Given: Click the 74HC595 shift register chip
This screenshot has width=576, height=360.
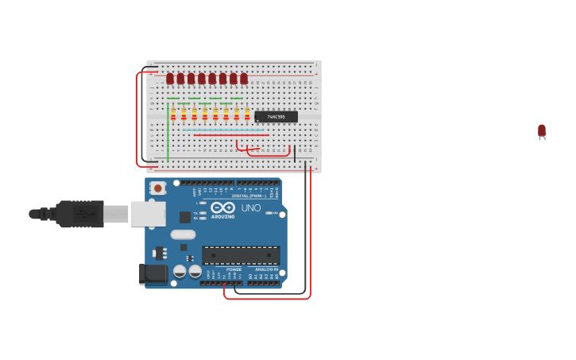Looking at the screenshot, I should coord(276,117).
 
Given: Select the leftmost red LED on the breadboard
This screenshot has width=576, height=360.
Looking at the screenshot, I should coord(170,78).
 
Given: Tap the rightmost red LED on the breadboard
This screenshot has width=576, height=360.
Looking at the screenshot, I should coord(244,78).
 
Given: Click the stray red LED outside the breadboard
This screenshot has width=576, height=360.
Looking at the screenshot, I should coord(542,130).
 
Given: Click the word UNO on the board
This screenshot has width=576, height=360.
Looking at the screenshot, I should coord(251,208).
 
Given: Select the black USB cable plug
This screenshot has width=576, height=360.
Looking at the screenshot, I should coord(79,214).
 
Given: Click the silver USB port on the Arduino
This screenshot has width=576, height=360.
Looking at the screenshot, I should coord(148,214).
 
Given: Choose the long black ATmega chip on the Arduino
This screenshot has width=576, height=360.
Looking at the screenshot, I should coord(241,255).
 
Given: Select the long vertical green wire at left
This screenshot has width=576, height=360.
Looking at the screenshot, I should coord(168,131).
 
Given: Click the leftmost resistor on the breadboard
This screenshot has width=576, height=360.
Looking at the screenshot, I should coord(173,114).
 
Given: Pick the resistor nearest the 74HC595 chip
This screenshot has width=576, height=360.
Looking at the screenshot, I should coord(247,114).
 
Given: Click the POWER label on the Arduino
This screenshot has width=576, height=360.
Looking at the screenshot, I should coord(234,269).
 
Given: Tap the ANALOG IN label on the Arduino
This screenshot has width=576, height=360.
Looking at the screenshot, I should coord(267,269).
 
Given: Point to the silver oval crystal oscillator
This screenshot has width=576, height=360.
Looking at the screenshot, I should coord(183,234).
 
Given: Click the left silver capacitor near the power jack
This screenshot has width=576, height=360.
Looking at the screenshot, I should coord(180,271).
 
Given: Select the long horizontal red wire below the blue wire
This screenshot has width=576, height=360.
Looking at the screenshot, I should coord(230,135).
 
